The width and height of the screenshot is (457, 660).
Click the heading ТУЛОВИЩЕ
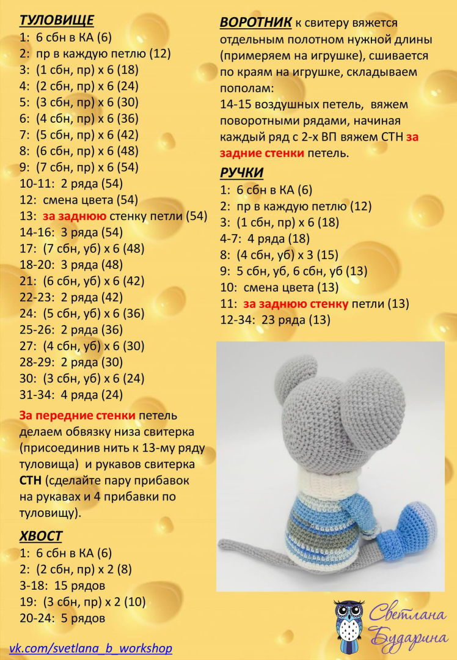point(49,20)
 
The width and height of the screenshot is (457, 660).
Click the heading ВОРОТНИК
point(255,23)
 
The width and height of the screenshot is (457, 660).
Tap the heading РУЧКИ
point(241,172)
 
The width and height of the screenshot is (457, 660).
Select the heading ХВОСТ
point(40,536)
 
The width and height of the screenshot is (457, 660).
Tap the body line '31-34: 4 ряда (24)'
point(71,394)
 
